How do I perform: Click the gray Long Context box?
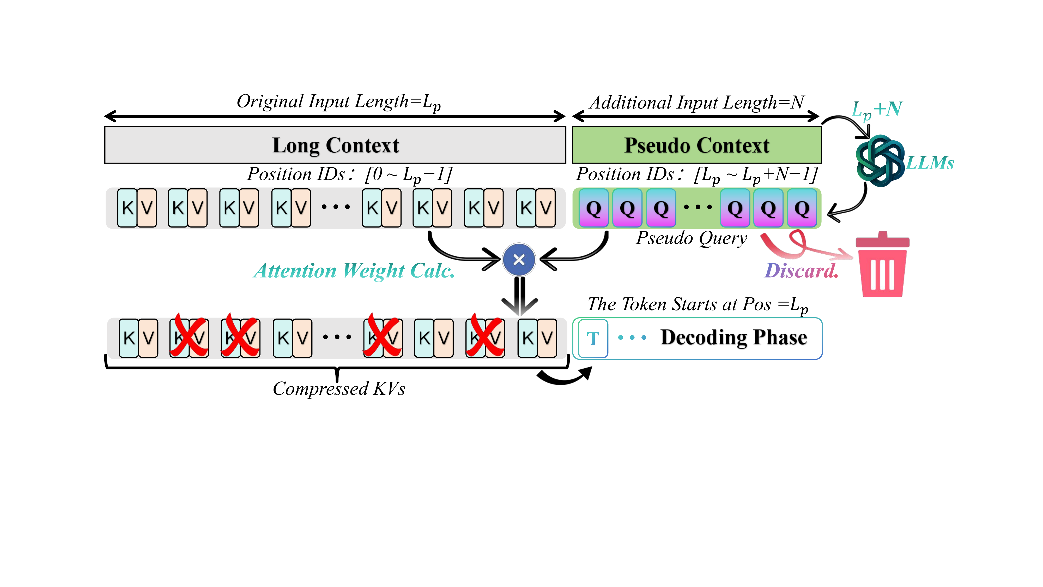(x=335, y=145)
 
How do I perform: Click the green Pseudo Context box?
(x=696, y=145)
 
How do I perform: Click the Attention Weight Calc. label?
(x=354, y=271)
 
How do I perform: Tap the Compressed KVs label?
(x=339, y=388)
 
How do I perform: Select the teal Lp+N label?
(x=877, y=109)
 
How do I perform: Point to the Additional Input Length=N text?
(x=696, y=103)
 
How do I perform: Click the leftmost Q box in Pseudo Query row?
(x=593, y=208)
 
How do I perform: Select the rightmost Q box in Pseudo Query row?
(x=802, y=208)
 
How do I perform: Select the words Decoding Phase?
(x=734, y=337)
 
